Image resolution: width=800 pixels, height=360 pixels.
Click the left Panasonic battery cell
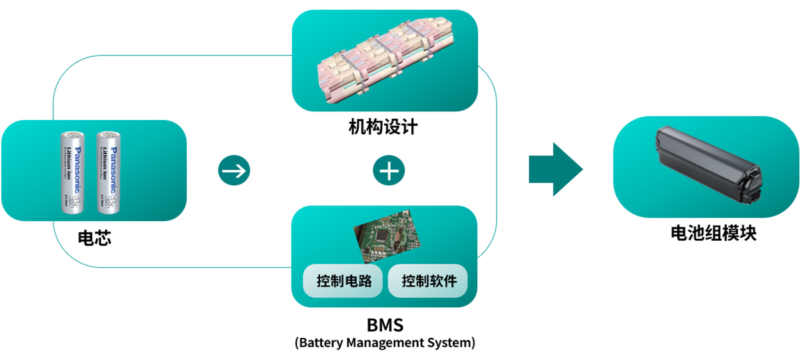73,172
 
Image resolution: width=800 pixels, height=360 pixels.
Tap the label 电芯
94,237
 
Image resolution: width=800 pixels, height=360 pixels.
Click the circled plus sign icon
388,171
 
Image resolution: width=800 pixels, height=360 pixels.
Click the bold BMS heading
385,326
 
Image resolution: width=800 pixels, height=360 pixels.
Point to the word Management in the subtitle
383,343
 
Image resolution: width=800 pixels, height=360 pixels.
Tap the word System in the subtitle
451,343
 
